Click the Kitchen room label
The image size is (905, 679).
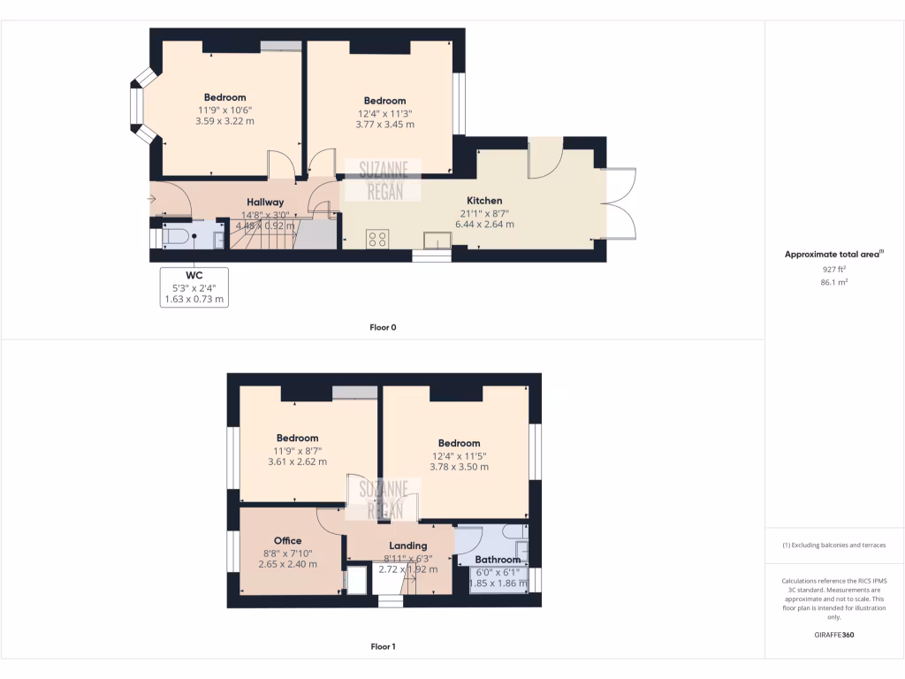click(484, 201)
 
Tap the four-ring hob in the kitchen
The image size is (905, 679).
click(377, 238)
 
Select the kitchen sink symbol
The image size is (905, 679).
click(436, 240)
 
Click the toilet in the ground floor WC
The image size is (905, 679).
click(176, 237)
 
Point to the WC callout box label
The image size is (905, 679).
click(194, 275)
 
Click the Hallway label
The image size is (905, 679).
click(265, 202)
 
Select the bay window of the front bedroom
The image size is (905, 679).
click(137, 110)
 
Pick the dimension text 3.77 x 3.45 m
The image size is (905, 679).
click(384, 125)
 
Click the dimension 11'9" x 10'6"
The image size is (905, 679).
click(224, 110)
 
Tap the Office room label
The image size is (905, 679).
click(287, 540)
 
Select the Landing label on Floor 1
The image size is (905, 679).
click(407, 545)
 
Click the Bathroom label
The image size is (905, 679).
click(498, 560)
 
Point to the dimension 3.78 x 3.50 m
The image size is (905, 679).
click(459, 467)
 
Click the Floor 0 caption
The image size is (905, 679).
click(383, 327)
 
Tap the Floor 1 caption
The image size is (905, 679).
click(383, 646)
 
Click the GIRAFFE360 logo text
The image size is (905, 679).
click(834, 635)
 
